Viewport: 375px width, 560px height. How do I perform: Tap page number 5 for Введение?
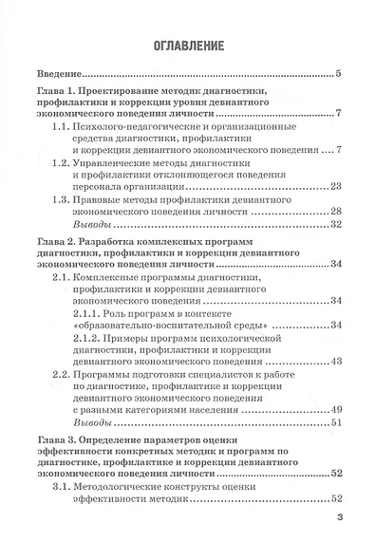coord(339,74)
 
